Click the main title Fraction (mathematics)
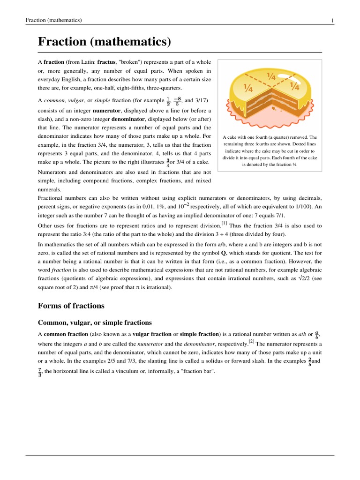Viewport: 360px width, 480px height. (104, 42)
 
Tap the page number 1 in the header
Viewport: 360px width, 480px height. (332, 20)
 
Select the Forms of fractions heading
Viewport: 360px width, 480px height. (71, 306)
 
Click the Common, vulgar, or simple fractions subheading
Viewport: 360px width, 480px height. (95, 323)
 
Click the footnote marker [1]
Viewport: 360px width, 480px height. (225, 223)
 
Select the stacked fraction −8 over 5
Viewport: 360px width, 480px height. (177, 101)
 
